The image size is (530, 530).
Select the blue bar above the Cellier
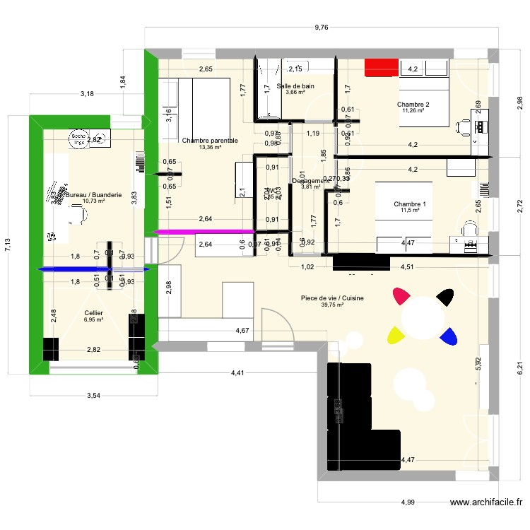point(93,269)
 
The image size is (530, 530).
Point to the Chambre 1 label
point(411,205)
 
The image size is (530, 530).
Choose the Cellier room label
point(93,312)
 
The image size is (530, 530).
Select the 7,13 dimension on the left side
point(8,245)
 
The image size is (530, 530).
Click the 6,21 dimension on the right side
point(519,368)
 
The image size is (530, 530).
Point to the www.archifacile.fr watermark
point(487,502)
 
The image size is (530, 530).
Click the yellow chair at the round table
point(394,333)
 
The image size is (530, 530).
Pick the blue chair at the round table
point(447,338)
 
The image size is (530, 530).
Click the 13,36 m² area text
point(210,148)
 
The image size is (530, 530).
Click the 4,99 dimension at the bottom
point(408,502)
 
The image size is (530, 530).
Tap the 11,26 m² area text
point(413,110)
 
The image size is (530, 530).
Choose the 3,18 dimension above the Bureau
point(87,93)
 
